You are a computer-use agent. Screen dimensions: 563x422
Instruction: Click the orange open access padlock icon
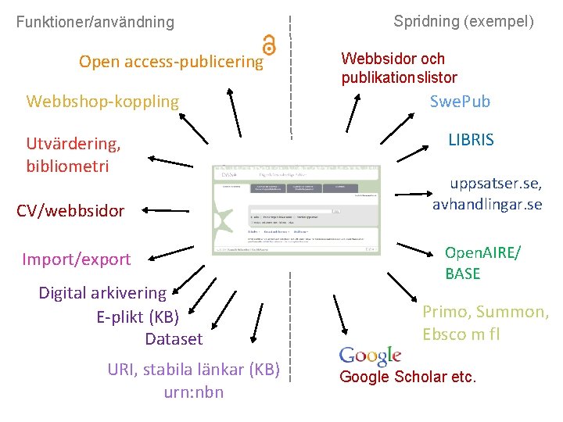(270, 45)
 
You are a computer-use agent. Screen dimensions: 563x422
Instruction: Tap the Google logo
(370, 356)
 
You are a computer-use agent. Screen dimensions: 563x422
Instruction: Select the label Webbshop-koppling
(102, 102)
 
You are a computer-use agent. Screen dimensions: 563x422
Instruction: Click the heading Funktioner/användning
(95, 22)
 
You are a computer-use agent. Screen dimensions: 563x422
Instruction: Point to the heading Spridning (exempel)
(464, 21)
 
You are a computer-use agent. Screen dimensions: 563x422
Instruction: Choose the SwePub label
(460, 102)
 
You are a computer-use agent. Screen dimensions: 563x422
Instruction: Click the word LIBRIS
(471, 141)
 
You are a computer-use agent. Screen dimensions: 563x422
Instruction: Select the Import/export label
(77, 259)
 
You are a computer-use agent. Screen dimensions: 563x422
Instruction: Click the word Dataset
(174, 339)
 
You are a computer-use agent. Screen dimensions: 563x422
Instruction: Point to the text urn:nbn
(194, 392)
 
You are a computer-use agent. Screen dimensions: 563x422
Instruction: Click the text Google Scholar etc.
(407, 377)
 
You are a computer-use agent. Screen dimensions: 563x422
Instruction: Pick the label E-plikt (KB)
(138, 316)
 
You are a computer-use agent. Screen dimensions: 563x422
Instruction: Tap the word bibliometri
(67, 166)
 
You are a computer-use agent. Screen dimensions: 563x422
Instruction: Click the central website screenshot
(296, 210)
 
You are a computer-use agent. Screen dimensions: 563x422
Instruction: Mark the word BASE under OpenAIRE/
(463, 274)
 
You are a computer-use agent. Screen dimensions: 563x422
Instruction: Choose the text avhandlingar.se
(487, 205)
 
